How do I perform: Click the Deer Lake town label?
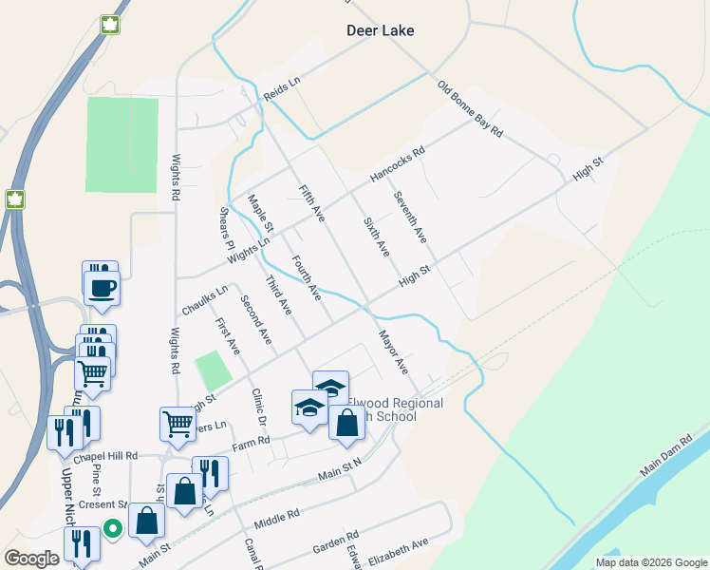380,30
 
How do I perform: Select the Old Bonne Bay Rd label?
470,109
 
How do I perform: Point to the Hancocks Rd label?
397,163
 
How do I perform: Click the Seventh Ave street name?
411,216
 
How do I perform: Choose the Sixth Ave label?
377,236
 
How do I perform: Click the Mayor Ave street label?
393,351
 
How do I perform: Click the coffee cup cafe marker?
102,287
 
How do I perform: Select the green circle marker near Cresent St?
113,528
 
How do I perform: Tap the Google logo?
31,559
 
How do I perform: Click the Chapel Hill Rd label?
103,456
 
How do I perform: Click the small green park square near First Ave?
213,369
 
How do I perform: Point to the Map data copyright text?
650,562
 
